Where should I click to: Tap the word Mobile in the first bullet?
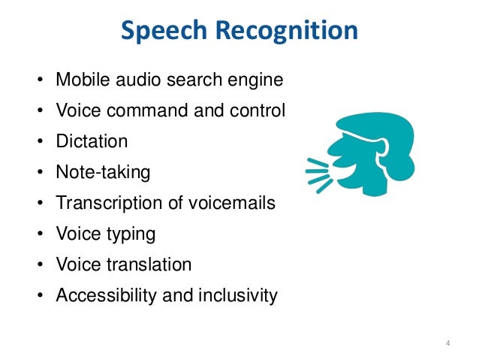(80, 80)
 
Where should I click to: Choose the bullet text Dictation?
(92, 141)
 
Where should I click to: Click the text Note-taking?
(103, 172)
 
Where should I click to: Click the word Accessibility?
(105, 295)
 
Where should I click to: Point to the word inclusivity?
(237, 295)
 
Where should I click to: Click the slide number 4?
(447, 344)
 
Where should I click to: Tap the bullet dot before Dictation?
(38, 142)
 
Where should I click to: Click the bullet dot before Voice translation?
(38, 265)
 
